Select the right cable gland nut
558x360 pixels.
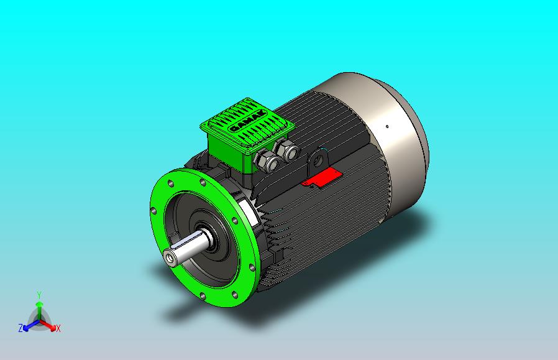(x=287, y=149)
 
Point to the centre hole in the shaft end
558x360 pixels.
(x=170, y=257)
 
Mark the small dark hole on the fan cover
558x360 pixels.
(x=388, y=126)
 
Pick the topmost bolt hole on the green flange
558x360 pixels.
(x=202, y=183)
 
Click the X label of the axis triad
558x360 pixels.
(x=58, y=328)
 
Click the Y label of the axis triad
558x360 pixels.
(x=39, y=295)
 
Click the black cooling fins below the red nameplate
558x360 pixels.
(x=336, y=218)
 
